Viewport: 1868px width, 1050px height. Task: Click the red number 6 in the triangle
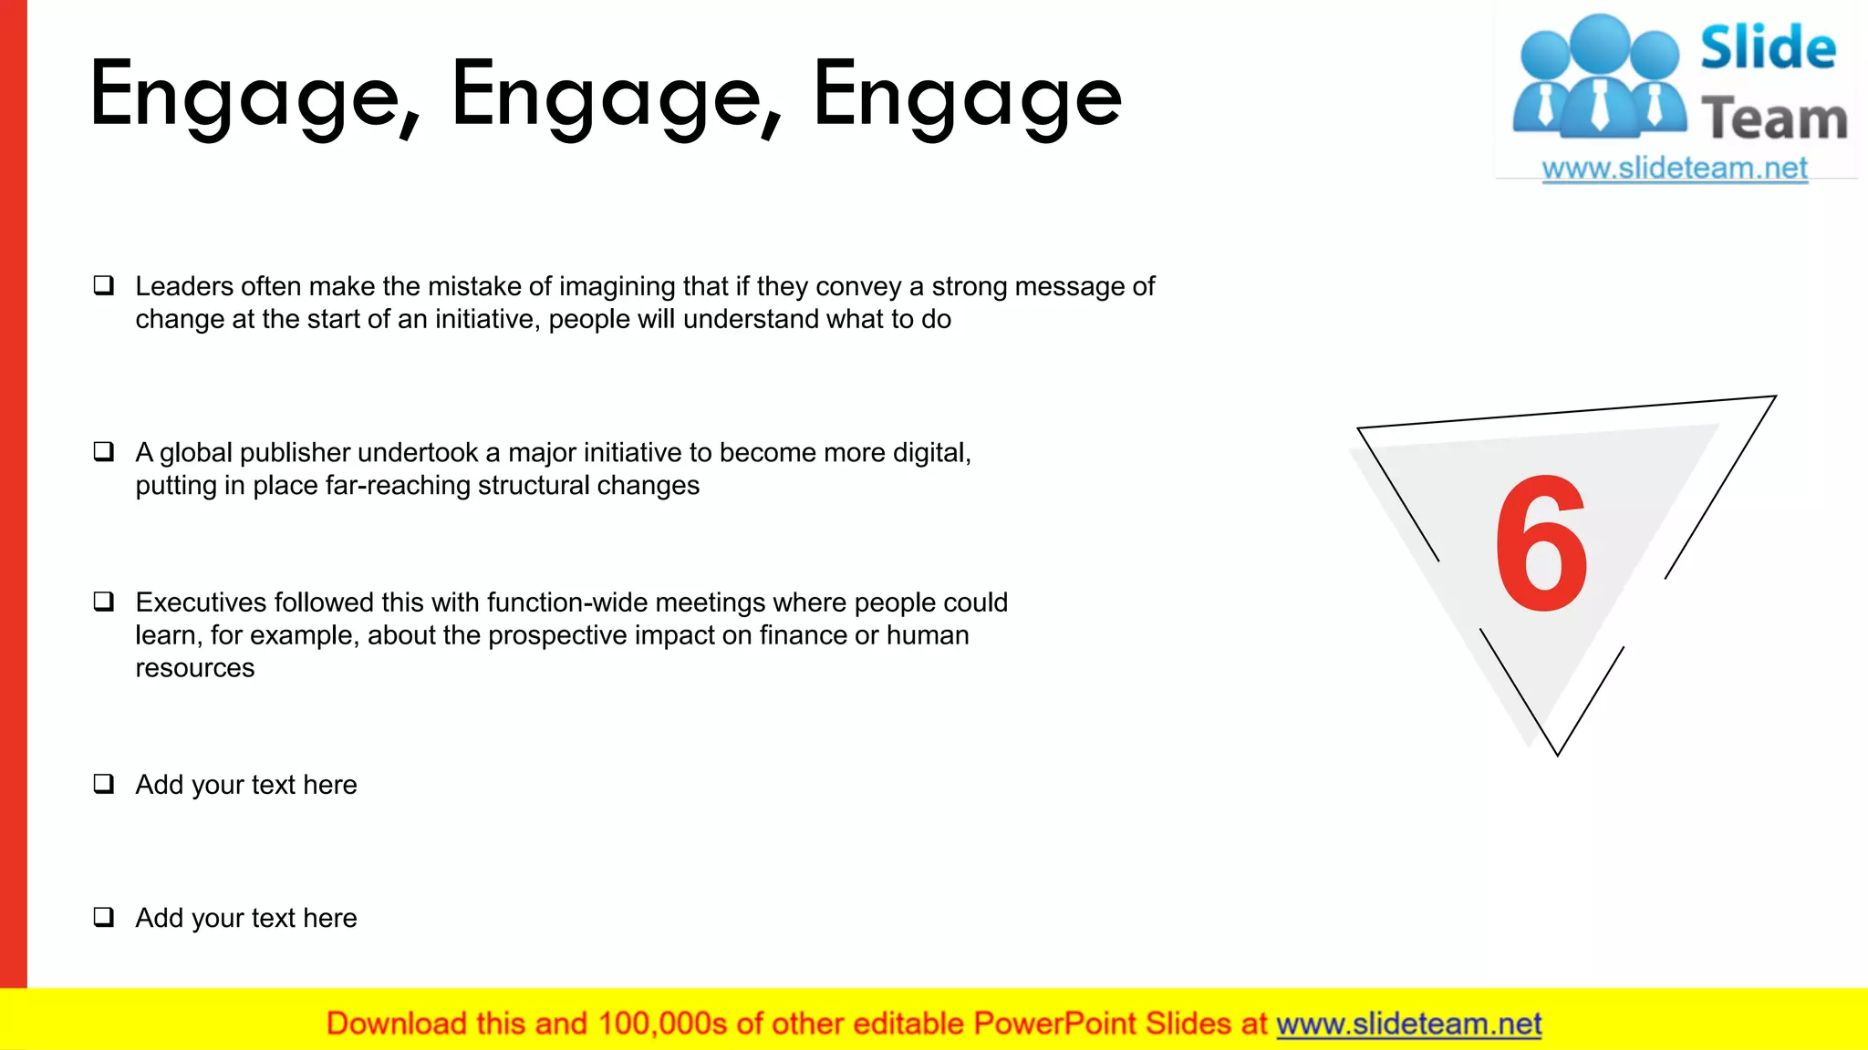click(1541, 544)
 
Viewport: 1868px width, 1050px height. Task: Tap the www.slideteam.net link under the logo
click(1675, 169)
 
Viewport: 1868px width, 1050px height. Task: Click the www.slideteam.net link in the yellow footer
click(1408, 1024)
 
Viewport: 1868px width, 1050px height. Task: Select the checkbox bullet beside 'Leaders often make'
click(104, 286)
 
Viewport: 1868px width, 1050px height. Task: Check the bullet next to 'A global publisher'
click(104, 452)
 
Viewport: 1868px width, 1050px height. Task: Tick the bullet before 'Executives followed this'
click(104, 602)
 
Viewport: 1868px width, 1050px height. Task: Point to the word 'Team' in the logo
click(1774, 118)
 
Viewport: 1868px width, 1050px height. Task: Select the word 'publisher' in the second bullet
click(295, 452)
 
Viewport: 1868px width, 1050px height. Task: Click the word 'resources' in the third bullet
click(195, 668)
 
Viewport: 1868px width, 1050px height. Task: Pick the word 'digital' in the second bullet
click(929, 452)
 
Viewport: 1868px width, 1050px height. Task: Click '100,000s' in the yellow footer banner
click(662, 1024)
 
